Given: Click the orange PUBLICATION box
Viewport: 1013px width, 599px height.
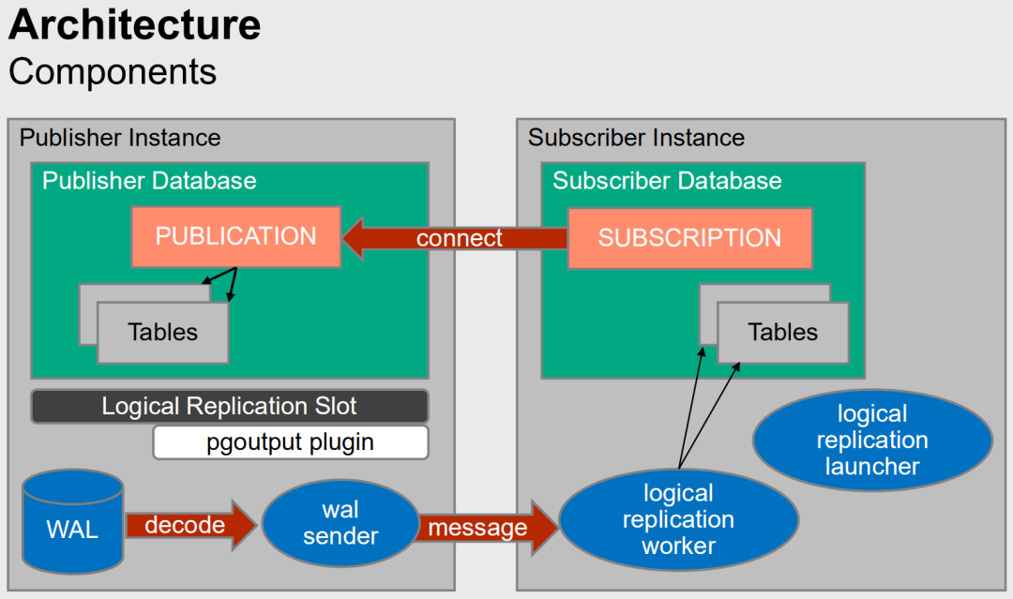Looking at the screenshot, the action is pyautogui.click(x=235, y=236).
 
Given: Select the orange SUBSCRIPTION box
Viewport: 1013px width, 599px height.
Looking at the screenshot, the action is pyautogui.click(x=689, y=238).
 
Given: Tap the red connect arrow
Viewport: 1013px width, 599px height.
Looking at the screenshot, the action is pyautogui.click(x=455, y=238).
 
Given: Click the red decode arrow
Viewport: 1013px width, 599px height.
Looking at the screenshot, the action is pyautogui.click(x=191, y=526).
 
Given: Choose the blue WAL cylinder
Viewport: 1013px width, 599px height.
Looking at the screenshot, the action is pyautogui.click(x=73, y=521).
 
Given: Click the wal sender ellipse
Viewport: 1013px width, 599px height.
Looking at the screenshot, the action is pyautogui.click(x=341, y=523).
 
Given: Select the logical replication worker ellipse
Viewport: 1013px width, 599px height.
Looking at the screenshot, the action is pyautogui.click(x=678, y=519).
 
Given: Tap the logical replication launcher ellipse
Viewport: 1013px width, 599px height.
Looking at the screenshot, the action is pyautogui.click(x=872, y=441).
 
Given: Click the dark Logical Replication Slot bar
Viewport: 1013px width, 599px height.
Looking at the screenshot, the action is pyautogui.click(x=230, y=406).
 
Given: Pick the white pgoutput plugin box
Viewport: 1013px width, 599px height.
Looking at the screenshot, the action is pyautogui.click(x=291, y=442).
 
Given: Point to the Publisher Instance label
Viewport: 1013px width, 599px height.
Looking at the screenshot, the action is pyautogui.click(x=120, y=138).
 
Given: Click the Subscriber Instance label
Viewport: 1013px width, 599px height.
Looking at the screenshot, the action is pyautogui.click(x=636, y=138).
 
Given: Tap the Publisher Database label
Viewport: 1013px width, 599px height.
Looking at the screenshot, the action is pyautogui.click(x=149, y=181).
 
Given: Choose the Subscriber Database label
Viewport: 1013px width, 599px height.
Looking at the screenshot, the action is pyautogui.click(x=668, y=181).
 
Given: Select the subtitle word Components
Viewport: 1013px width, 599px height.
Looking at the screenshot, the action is pyautogui.click(x=113, y=71).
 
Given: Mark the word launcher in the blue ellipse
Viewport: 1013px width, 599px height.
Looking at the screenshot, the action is pyautogui.click(x=872, y=466).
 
